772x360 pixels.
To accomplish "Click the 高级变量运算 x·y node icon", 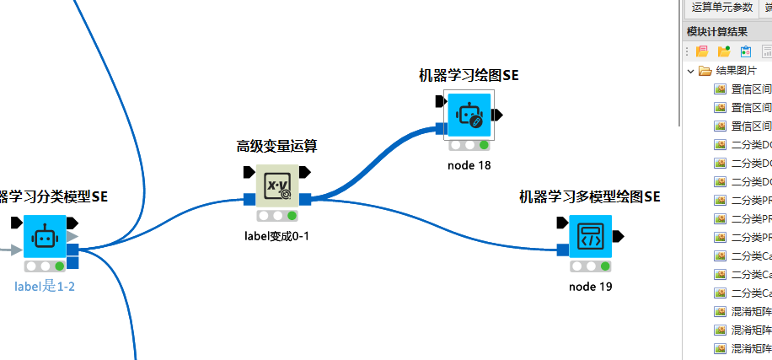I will click(x=277, y=185).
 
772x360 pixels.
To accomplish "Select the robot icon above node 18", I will click(x=469, y=115).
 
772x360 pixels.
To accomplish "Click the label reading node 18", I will click(x=469, y=165).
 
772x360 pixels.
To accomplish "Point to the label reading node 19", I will click(x=590, y=287).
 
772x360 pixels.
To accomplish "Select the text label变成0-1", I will click(x=276, y=235).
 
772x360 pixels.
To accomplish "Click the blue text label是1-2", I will click(x=45, y=287).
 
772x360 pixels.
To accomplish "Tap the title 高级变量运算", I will click(x=276, y=146).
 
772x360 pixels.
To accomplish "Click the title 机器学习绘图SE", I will click(x=469, y=75).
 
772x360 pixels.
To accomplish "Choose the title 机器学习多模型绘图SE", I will click(x=589, y=197).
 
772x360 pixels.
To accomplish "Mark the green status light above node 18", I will click(x=484, y=145).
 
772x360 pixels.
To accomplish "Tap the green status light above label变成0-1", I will click(x=292, y=216).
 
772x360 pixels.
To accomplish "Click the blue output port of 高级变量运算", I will click(x=306, y=200).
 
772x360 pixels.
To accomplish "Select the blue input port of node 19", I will click(x=562, y=250).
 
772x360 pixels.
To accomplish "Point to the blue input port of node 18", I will click(x=441, y=129).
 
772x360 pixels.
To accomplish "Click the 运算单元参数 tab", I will click(x=721, y=8).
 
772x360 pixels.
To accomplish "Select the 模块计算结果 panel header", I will click(x=717, y=32).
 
